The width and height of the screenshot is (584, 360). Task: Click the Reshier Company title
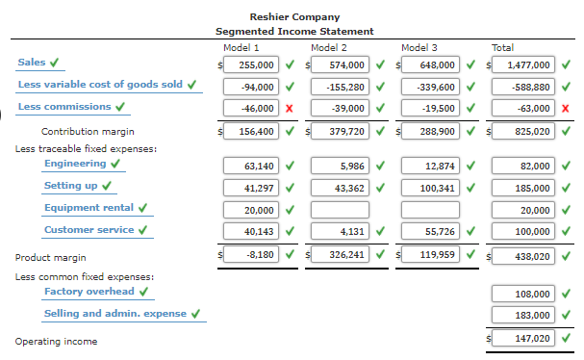pos(293,17)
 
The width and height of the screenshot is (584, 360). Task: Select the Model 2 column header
pos(329,47)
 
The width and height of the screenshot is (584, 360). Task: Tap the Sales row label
pos(32,63)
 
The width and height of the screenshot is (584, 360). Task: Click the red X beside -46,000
pos(289,108)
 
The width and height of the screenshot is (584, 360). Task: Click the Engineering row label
pos(75,163)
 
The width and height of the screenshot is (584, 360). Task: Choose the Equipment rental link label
pos(89,208)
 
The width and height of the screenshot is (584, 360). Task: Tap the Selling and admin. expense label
pos(115,314)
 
